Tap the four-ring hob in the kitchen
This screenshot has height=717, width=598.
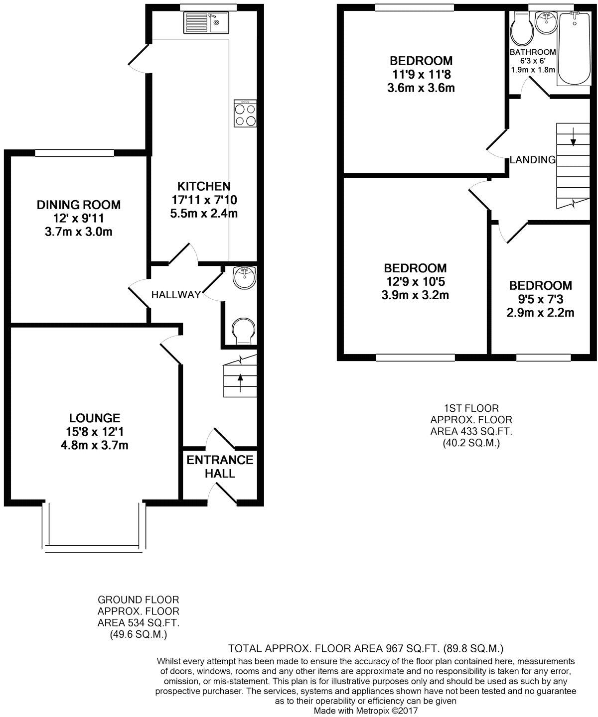pyautogui.click(x=245, y=114)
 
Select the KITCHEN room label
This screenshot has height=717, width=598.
pyautogui.click(x=204, y=186)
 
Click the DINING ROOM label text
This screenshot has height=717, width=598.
pyautogui.click(x=79, y=205)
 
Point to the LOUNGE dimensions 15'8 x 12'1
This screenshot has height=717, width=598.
pyautogui.click(x=95, y=432)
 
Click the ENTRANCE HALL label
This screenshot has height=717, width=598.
pyautogui.click(x=220, y=467)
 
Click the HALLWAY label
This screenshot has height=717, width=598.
pyautogui.click(x=176, y=295)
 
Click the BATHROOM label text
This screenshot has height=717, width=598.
pyautogui.click(x=533, y=52)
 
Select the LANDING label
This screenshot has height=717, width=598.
pyautogui.click(x=532, y=160)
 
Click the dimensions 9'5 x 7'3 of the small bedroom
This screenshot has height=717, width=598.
pyautogui.click(x=541, y=299)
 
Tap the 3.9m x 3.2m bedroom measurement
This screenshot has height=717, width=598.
pyautogui.click(x=415, y=295)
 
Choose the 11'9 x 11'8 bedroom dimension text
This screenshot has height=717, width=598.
pyautogui.click(x=421, y=75)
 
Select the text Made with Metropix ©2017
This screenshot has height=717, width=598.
pyautogui.click(x=366, y=712)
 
